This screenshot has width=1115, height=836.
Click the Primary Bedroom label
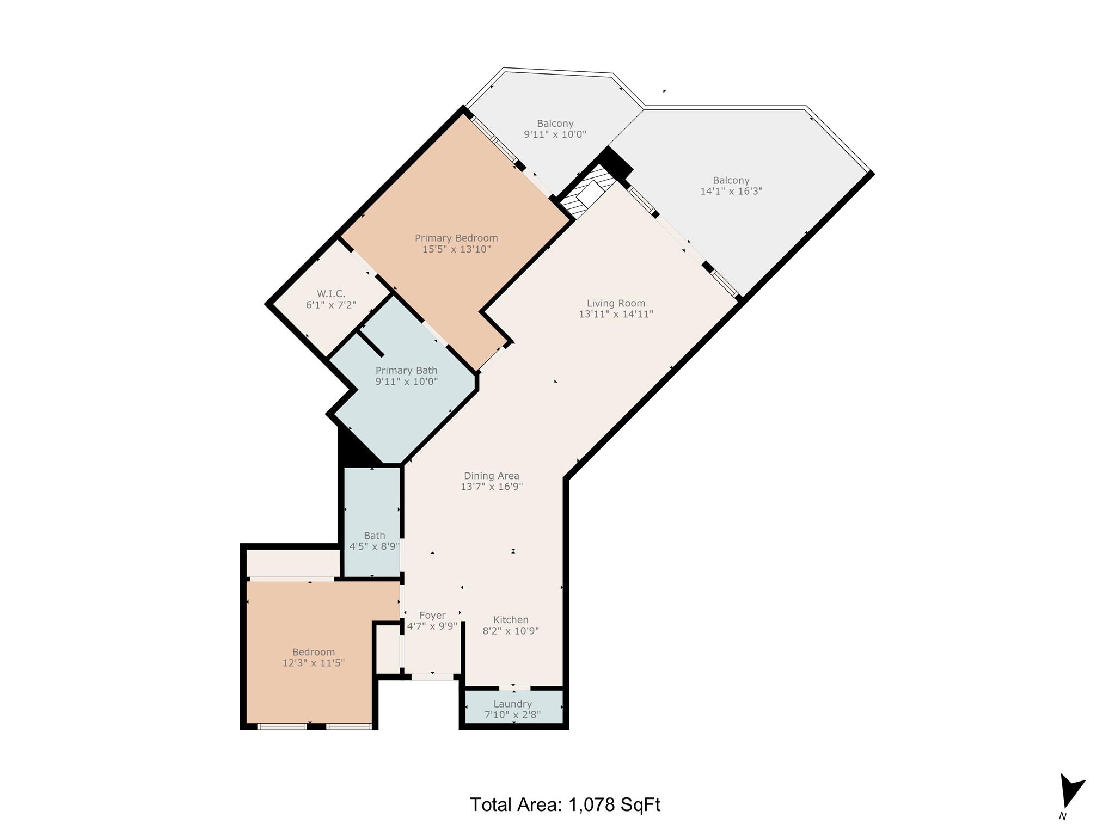456,238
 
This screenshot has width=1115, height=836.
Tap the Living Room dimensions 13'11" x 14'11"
616,314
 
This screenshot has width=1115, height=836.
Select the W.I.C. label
331,294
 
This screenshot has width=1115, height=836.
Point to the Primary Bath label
406,371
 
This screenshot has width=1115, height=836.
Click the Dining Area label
491,476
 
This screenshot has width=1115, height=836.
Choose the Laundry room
512,708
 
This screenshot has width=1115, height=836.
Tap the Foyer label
432,616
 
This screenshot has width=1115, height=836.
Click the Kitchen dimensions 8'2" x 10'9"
511,631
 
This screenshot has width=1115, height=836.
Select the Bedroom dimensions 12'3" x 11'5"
313,663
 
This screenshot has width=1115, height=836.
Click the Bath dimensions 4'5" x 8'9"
375,546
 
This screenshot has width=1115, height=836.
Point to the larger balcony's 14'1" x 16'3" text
731,191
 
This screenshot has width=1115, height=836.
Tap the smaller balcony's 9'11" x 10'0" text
555,134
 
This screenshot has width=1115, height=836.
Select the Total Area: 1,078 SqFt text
565,804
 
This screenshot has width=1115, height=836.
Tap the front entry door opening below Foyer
432,677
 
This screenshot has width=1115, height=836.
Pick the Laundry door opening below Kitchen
514,688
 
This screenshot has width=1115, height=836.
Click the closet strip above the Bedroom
293,563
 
